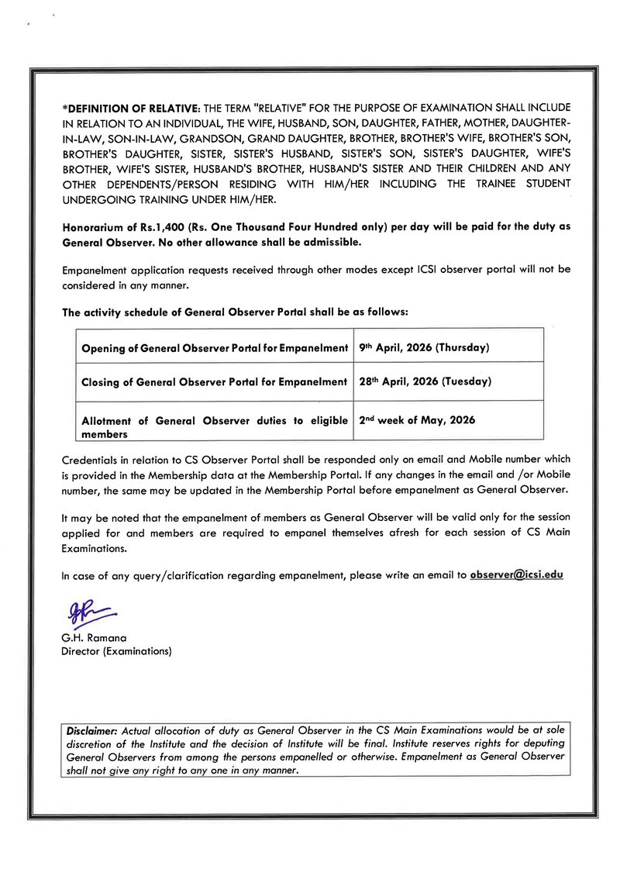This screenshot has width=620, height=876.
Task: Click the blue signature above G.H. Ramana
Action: point(88,612)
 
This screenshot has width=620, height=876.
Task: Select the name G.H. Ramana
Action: point(94,638)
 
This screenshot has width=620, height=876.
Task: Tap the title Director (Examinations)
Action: point(116,651)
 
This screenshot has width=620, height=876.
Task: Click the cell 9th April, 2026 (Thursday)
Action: point(424,347)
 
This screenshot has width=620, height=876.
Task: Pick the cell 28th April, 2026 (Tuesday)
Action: point(425,381)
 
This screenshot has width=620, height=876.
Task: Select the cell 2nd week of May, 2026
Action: point(418,419)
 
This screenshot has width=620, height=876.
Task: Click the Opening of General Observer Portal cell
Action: point(215,348)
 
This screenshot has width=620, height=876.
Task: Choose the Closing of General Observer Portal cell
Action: point(214,382)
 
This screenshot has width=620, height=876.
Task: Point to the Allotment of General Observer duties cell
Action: point(215,427)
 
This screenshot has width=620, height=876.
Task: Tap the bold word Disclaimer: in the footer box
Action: point(93,731)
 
